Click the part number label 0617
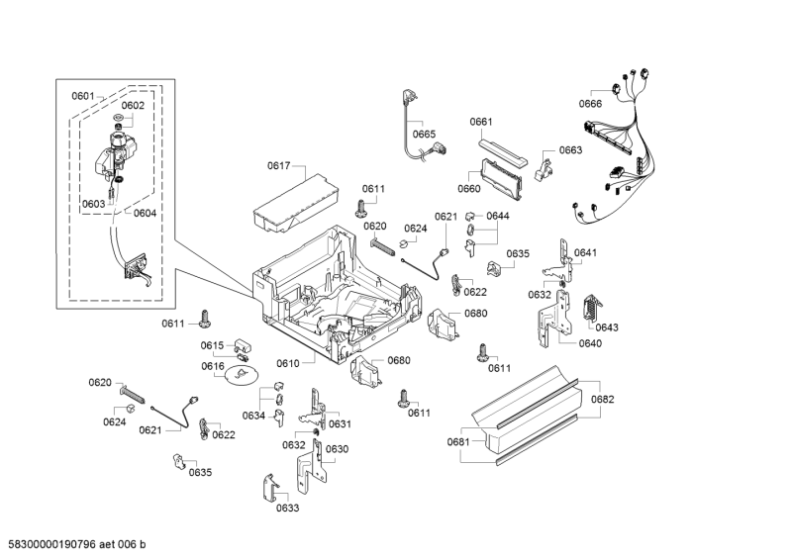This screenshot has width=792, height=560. click(x=279, y=166)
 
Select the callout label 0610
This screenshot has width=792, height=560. click(x=287, y=363)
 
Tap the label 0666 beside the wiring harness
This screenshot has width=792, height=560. click(x=590, y=104)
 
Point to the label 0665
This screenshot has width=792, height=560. click(x=424, y=134)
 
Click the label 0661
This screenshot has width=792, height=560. click(x=481, y=122)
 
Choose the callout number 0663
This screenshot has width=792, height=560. click(x=570, y=150)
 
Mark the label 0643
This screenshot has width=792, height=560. click(x=607, y=327)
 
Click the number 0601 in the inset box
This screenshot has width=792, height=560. click(x=82, y=96)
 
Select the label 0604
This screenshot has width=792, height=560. click(x=145, y=213)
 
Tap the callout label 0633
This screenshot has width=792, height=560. click(x=287, y=508)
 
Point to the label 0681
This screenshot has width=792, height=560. click(x=457, y=441)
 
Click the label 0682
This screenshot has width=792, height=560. click(x=603, y=399)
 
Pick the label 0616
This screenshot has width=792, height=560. click(x=213, y=366)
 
